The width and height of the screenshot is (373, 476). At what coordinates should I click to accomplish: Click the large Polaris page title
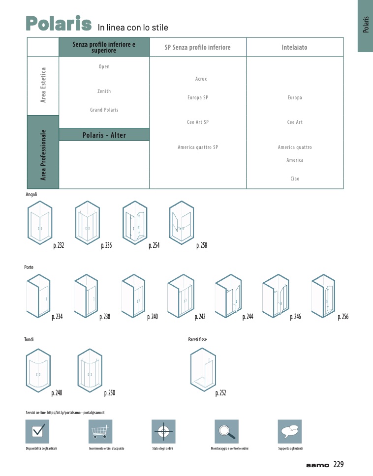59,24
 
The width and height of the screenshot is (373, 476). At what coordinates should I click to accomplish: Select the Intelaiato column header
294,47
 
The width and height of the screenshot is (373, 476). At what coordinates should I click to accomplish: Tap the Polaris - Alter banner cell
104,134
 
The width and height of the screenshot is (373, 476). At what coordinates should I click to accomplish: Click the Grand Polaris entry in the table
104,110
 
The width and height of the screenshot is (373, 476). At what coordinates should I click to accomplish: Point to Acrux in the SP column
201,79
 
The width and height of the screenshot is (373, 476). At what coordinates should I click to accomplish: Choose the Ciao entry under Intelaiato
295,178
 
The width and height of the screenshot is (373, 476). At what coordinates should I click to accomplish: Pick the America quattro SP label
198,147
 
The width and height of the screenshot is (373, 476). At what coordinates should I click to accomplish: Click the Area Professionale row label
43,155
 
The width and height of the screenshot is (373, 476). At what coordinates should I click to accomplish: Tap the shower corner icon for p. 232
40,223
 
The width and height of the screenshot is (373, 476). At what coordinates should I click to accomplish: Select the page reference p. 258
202,245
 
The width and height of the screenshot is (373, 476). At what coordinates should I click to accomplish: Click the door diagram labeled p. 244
228,296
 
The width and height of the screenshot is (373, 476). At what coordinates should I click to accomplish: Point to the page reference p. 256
343,317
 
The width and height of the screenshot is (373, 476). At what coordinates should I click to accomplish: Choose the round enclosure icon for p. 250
90,370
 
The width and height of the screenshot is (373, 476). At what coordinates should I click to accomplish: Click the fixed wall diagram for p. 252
203,370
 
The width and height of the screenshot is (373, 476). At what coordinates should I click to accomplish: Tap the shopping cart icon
100,431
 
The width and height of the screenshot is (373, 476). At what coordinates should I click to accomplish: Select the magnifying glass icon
226,431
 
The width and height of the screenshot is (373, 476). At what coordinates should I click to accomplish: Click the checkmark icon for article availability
37,431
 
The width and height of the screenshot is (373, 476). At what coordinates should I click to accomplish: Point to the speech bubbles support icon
290,431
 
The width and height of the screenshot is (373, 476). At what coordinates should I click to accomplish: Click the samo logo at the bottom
317,465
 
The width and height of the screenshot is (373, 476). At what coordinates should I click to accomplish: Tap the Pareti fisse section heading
197,339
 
